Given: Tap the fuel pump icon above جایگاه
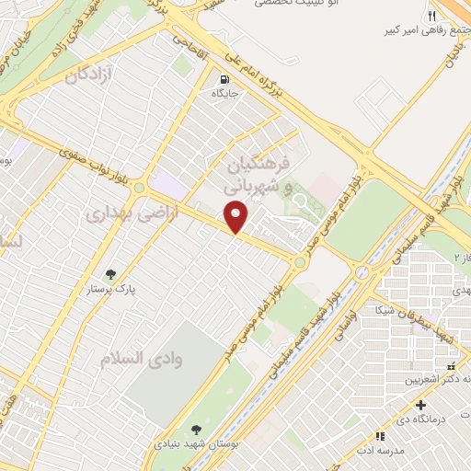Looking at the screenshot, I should pyautogui.click(x=225, y=78).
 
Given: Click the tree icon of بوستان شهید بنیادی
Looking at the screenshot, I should pyautogui.click(x=195, y=429).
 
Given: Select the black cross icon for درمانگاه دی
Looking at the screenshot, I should pyautogui.click(x=421, y=405).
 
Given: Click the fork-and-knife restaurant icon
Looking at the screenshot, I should pyautogui.click(x=431, y=17).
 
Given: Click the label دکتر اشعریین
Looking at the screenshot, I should pyautogui.click(x=442, y=379).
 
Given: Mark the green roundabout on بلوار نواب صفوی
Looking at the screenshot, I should pyautogui.click(x=139, y=188).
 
